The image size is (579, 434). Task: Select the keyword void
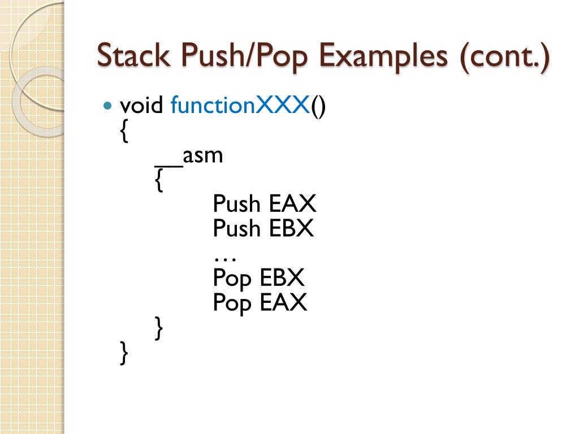(142, 105)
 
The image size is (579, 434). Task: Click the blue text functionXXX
(240, 105)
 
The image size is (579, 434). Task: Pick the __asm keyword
(189, 155)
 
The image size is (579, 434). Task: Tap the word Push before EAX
(237, 203)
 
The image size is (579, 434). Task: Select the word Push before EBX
(237, 228)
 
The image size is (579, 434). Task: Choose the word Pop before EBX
(232, 279)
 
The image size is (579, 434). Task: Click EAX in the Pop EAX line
(283, 303)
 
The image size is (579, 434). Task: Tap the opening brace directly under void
(124, 132)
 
